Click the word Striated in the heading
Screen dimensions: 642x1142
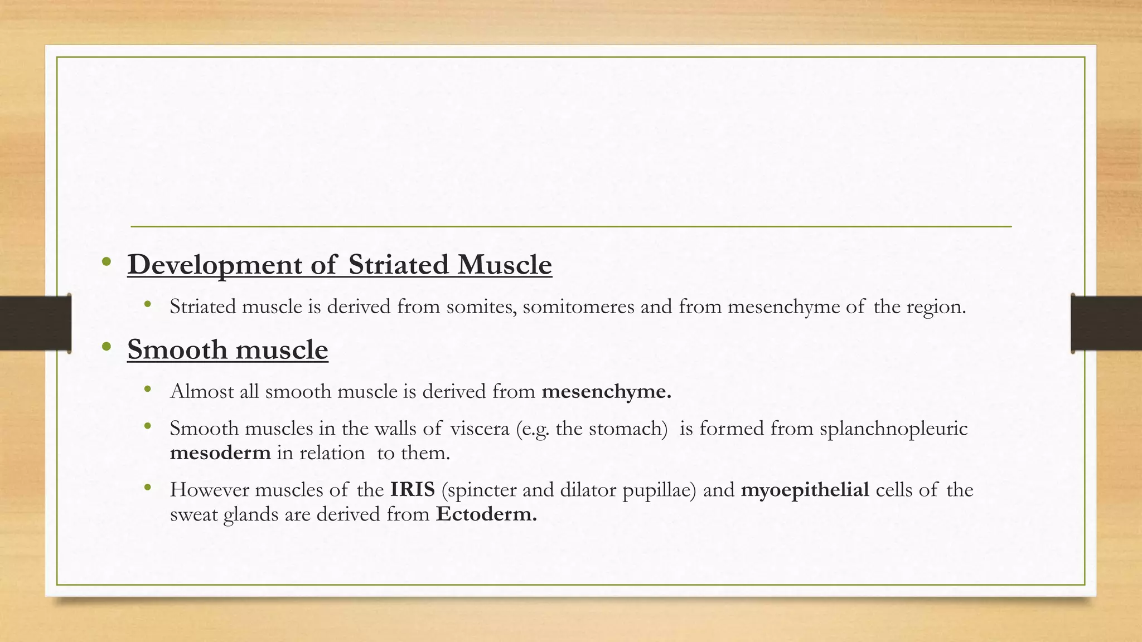point(399,265)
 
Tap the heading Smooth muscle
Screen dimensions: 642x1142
point(228,350)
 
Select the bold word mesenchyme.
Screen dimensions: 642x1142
point(606,392)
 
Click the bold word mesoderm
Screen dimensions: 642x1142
point(220,453)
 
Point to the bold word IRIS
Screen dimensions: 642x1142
point(412,490)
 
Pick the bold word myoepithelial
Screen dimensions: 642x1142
point(805,490)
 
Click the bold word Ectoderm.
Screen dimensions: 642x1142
point(486,514)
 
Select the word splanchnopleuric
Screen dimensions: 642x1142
point(893,429)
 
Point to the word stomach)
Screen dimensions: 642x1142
point(628,429)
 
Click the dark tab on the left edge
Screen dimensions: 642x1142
point(35,323)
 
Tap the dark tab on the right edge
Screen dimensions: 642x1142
point(1106,323)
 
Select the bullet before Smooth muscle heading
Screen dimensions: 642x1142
point(107,347)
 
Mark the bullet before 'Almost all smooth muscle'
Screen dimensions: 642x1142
point(147,389)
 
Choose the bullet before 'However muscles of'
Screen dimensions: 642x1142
point(147,488)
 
